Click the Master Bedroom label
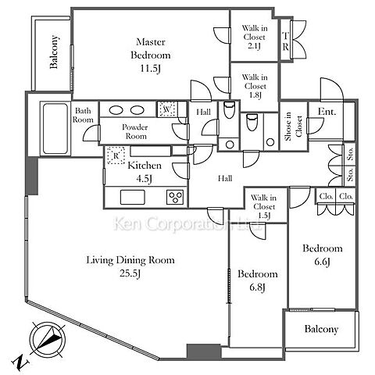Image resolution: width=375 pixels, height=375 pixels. [151, 55]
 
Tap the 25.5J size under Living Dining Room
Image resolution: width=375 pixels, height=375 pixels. [130, 273]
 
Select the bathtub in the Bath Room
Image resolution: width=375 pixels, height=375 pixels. [55, 129]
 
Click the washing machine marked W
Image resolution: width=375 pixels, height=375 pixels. [167, 109]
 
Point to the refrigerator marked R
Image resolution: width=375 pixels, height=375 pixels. [116, 155]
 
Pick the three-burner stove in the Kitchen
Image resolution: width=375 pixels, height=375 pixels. [175, 197]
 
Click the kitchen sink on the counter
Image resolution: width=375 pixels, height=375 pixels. [133, 197]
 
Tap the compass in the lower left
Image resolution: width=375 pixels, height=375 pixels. [48, 339]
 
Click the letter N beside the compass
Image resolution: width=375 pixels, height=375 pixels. [20, 362]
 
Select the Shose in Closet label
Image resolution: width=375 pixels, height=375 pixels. [293, 127]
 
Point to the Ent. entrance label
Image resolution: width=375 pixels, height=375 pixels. [327, 112]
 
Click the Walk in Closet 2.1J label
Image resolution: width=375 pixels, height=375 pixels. [254, 37]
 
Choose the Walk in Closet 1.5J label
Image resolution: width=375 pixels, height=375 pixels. [263, 206]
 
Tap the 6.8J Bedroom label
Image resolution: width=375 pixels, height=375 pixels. [258, 280]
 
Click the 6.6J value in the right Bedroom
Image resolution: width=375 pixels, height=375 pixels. [322, 261]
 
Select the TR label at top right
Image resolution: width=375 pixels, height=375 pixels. [285, 41]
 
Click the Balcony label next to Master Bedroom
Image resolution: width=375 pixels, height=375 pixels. [54, 52]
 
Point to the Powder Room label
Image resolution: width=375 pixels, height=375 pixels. [135, 131]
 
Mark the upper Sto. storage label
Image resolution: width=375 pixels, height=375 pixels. [350, 154]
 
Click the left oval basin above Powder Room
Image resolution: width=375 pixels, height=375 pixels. [116, 110]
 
